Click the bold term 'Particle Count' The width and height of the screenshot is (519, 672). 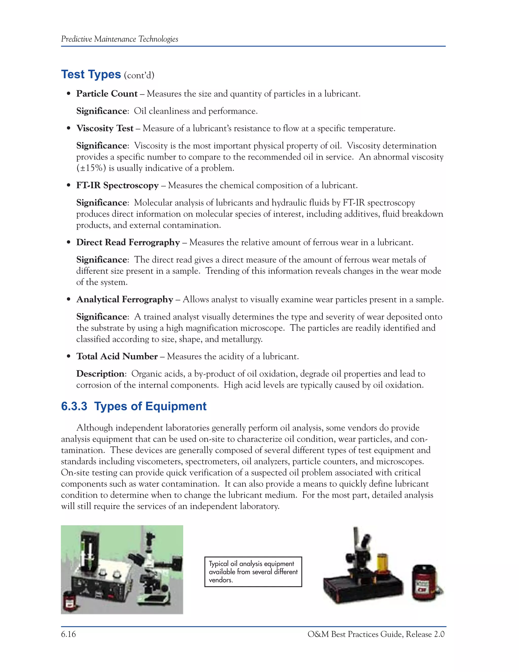pos(107,94)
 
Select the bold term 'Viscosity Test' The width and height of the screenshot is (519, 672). pos(105,128)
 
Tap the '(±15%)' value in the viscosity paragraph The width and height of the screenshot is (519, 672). pos(91,168)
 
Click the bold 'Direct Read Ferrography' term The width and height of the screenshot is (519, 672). pos(128,242)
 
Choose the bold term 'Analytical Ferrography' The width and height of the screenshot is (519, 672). pos(124,299)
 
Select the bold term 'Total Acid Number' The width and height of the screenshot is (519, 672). pos(117,356)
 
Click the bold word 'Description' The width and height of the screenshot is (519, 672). pos(100,374)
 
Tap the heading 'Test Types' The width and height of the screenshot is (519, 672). pos(91,75)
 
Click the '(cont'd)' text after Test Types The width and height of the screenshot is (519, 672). pos(139,75)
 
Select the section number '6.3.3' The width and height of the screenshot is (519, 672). pos(74,406)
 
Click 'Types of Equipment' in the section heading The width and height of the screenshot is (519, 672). pos(150,406)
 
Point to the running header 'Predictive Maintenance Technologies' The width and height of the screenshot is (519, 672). pos(120,39)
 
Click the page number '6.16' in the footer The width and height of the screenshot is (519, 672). pos(68,634)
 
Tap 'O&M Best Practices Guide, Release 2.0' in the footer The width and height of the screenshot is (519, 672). pos(376,634)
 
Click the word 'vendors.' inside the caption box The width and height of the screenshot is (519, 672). pos(221,580)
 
